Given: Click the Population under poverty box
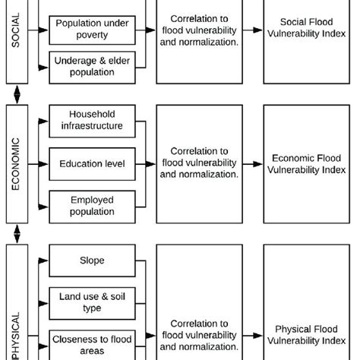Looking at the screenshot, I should pos(92,29).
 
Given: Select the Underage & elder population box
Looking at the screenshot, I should pos(92,67).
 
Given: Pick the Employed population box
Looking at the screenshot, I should pos(92,206).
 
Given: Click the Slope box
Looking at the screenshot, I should pos(92,261).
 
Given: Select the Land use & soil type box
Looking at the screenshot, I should pos(92,303).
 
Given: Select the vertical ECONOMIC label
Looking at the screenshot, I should pos(16,163).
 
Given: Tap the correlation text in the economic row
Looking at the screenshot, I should pos(199,163).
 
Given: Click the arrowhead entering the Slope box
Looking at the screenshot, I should pos(44,261).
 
